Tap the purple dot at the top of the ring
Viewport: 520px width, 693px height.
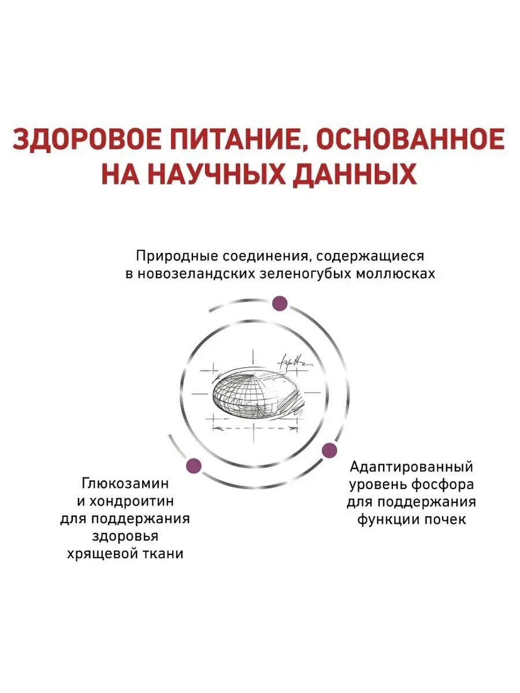click(280, 303)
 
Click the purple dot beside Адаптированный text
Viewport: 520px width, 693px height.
click(329, 450)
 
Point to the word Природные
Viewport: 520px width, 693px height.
click(170, 255)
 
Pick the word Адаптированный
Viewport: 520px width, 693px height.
click(411, 466)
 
